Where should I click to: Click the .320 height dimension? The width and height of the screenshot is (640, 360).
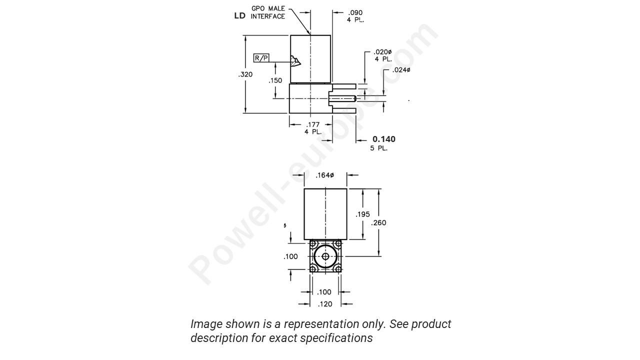point(246,74)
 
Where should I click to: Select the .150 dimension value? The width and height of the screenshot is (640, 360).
point(275,80)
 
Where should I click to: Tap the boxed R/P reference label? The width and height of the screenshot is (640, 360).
point(261,58)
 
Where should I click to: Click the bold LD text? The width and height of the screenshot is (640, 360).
point(240,16)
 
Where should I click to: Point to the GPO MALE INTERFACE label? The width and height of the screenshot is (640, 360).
point(267,12)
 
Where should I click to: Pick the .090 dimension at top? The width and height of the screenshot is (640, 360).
point(355,12)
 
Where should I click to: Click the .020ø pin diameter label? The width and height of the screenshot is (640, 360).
point(383,52)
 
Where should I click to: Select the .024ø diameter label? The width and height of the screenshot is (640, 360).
point(401,70)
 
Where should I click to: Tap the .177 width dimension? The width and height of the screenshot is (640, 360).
point(313,124)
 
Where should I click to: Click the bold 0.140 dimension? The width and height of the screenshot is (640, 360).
point(384,139)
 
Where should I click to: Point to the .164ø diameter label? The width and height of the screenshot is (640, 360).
point(325,175)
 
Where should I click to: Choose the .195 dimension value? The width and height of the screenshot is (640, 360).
point(362,214)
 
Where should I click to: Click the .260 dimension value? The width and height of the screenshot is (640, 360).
point(378,222)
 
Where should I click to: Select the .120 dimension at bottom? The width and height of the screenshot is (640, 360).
point(325,303)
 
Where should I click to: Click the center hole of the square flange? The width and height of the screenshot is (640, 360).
point(325,256)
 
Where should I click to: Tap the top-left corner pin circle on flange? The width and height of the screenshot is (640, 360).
point(313,244)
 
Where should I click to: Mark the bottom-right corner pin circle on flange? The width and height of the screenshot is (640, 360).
point(338,269)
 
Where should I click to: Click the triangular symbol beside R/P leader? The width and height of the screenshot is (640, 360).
point(295,61)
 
